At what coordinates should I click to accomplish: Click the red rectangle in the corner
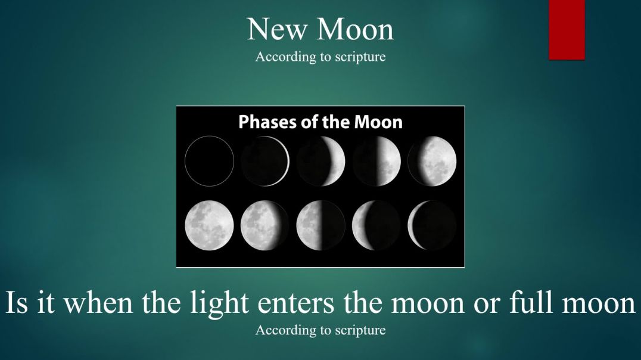point(566,30)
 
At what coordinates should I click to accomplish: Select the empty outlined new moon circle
point(209,161)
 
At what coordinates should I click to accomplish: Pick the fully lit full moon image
point(209,225)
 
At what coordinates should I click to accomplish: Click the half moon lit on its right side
point(376,161)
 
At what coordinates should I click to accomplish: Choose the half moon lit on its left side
point(320,225)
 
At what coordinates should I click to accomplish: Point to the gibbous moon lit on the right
point(432,161)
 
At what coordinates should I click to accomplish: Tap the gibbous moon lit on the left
point(265,225)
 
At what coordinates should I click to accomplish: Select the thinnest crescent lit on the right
point(265,161)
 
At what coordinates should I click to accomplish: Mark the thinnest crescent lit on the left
point(432,225)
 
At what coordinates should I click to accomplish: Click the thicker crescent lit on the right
point(320,161)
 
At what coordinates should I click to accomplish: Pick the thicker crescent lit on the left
point(376,225)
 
